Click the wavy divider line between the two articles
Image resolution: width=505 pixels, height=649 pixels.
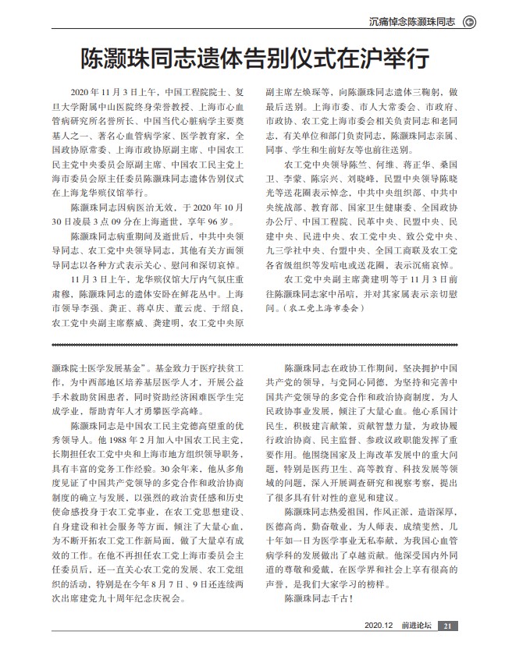click(252, 344)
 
